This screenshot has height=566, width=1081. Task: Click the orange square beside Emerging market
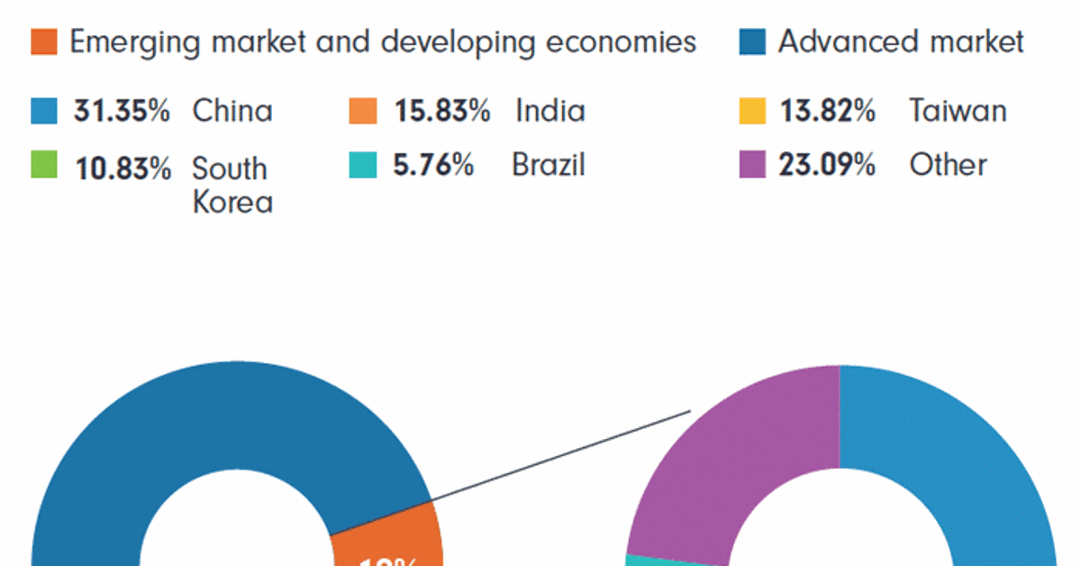pyautogui.click(x=43, y=41)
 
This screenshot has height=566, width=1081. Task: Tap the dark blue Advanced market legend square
pyautogui.click(x=752, y=41)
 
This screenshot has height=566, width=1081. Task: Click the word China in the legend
pyautogui.click(x=232, y=111)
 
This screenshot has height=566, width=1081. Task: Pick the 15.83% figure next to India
pyautogui.click(x=441, y=111)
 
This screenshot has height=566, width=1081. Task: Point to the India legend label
pyautogui.click(x=550, y=111)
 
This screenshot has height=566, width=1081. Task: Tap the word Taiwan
pyautogui.click(x=958, y=111)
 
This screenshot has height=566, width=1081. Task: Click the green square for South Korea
pyautogui.click(x=43, y=165)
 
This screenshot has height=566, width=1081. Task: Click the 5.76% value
pyautogui.click(x=433, y=165)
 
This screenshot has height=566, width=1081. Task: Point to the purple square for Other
pyautogui.click(x=752, y=165)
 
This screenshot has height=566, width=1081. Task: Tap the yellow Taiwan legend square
pyautogui.click(x=752, y=111)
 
